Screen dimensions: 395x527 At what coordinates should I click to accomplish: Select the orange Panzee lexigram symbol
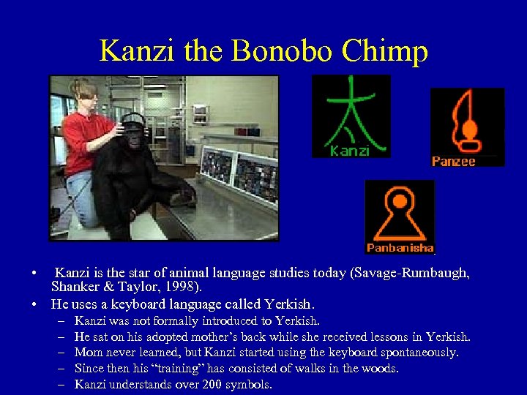click(466, 121)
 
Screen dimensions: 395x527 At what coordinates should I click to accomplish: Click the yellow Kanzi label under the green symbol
click(349, 151)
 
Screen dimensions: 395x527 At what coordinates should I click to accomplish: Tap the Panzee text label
click(453, 161)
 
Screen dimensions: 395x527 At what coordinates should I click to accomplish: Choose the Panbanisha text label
click(400, 248)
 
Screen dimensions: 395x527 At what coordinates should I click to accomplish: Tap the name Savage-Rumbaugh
click(410, 274)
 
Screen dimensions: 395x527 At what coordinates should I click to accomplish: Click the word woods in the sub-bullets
click(380, 368)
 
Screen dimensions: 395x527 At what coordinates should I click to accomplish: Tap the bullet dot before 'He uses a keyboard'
click(34, 304)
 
